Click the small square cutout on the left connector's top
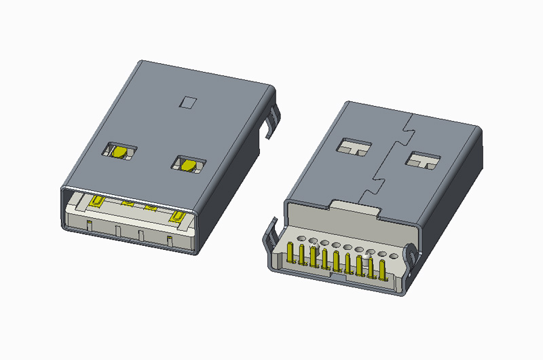coord(188,103)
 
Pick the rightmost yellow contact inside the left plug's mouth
coord(179,216)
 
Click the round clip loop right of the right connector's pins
coord(411,256)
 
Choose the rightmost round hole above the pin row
coord(394,256)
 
